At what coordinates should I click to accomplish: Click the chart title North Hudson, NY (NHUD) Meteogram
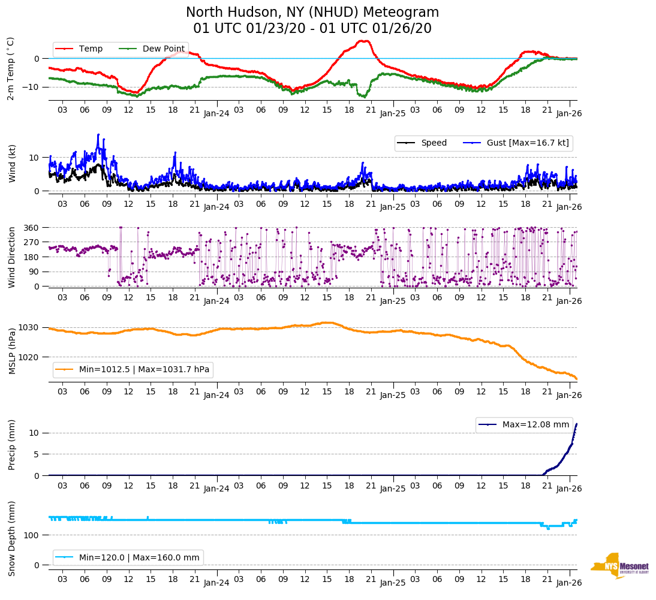click(x=312, y=13)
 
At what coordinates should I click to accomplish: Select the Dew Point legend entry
click(x=163, y=49)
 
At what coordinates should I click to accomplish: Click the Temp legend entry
click(x=91, y=49)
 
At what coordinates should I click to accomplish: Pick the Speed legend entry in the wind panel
click(x=434, y=143)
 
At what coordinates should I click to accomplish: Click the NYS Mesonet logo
click(x=619, y=566)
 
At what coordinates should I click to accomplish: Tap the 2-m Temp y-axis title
click(x=11, y=68)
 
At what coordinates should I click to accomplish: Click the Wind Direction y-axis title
click(x=11, y=257)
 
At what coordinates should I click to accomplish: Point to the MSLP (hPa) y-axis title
click(x=11, y=351)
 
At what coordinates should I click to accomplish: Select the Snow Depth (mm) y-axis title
click(x=11, y=538)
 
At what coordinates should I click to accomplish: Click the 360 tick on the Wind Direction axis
click(x=32, y=228)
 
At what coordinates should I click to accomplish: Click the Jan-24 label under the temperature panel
click(x=216, y=113)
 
